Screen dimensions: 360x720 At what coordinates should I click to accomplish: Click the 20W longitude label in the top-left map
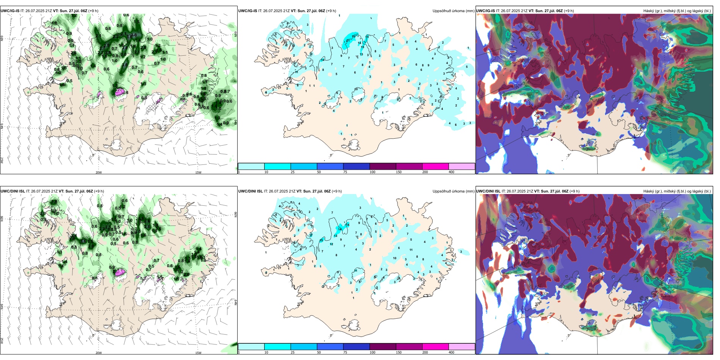pyautogui.click(x=99, y=172)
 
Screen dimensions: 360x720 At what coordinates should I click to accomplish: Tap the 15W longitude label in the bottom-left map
pyautogui.click(x=198, y=353)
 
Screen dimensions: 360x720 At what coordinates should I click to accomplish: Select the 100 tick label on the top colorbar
pyautogui.click(x=373, y=172)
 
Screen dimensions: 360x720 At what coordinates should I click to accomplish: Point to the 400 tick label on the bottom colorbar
pyautogui.click(x=451, y=352)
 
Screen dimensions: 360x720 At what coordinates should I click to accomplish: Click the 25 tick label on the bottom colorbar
pyautogui.click(x=293, y=352)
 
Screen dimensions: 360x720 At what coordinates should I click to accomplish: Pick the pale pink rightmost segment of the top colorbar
pyautogui.click(x=462, y=166)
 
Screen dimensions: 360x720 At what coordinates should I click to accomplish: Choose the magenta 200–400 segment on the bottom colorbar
pyautogui.click(x=435, y=347)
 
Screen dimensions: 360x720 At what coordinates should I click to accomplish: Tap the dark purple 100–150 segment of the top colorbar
pyautogui.click(x=383, y=166)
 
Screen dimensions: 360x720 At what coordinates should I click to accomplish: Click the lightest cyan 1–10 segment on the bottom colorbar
pyautogui.click(x=251, y=347)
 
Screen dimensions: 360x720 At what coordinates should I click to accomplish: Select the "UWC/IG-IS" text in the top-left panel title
pyautogui.click(x=10, y=11)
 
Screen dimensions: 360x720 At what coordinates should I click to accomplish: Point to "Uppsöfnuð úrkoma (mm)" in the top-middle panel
pyautogui.click(x=453, y=11)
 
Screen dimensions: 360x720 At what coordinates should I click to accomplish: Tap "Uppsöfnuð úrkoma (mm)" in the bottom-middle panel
pyautogui.click(x=453, y=191)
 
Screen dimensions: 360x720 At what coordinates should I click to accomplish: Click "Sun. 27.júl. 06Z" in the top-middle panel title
pyautogui.click(x=311, y=11)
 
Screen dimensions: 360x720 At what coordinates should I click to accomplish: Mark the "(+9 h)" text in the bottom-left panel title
pyautogui.click(x=99, y=191)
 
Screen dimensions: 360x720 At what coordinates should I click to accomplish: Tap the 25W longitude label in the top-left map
pyautogui.click(x=2, y=160)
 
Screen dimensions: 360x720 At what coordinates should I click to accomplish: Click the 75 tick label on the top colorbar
pyautogui.click(x=345, y=172)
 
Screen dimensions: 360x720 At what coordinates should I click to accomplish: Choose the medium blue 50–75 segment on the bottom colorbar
pyautogui.click(x=330, y=347)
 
